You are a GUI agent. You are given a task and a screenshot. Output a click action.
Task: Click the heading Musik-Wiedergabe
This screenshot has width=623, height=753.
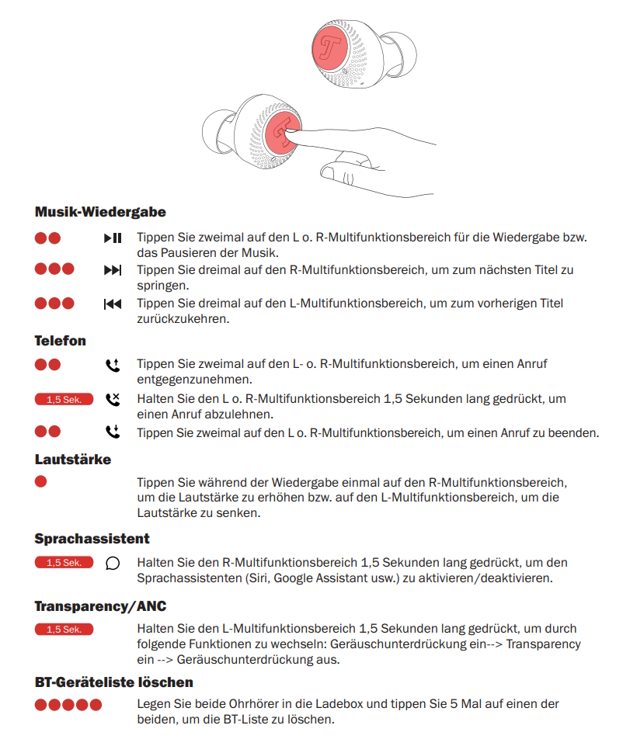[x=100, y=211]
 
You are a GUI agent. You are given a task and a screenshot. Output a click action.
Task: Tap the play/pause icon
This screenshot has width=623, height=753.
[x=113, y=238]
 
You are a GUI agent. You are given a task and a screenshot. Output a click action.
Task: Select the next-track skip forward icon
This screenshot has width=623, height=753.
[x=113, y=270]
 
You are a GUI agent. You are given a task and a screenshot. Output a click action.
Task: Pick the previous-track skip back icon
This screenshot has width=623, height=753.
[x=113, y=304]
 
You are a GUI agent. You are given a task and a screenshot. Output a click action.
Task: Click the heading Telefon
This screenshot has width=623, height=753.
[x=61, y=341]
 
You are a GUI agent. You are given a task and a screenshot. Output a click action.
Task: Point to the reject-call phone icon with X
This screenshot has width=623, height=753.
[x=113, y=399]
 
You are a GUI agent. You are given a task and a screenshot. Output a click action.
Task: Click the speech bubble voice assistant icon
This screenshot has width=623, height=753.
[x=113, y=564]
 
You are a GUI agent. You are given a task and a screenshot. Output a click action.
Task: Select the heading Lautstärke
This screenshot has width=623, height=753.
[x=73, y=460]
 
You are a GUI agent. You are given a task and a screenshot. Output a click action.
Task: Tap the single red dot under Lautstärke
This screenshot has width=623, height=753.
[x=41, y=481]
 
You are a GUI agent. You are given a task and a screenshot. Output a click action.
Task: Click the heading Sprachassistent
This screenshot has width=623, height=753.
[x=92, y=538]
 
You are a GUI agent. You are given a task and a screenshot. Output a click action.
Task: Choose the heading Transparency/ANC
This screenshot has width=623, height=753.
[x=100, y=606]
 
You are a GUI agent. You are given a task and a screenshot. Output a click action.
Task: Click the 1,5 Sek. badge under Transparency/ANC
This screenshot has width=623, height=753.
[x=64, y=630]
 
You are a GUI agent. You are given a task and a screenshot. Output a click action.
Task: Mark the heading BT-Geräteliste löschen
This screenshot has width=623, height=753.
[x=114, y=682]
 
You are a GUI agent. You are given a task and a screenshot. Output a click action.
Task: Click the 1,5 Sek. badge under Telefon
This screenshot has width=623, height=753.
[x=64, y=400]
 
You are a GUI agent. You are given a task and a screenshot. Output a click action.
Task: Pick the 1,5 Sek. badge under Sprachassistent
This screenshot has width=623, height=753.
[x=64, y=563]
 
